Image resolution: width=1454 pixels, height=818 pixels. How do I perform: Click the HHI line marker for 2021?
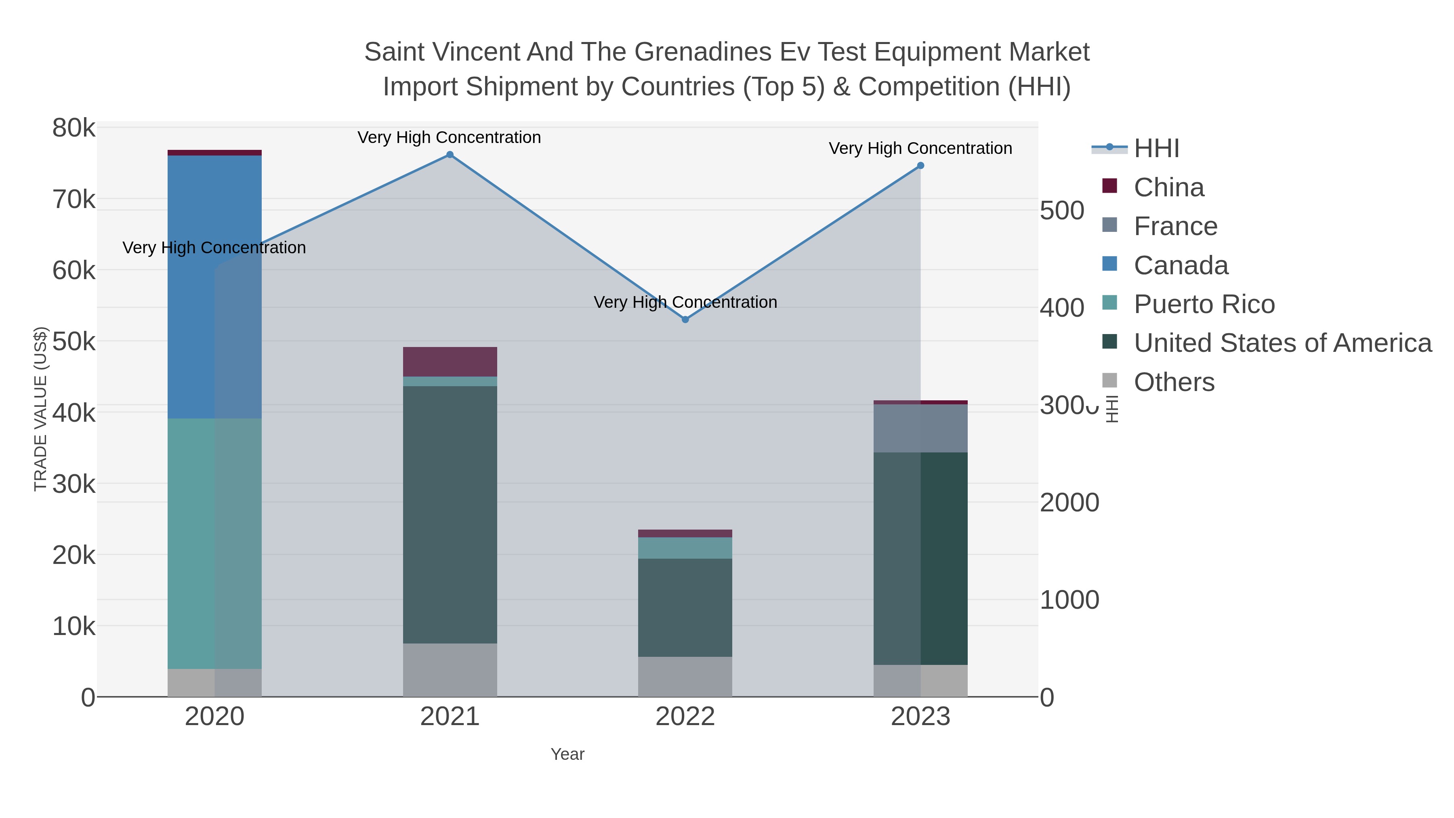tap(450, 155)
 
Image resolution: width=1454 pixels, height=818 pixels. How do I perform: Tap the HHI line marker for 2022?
tap(685, 320)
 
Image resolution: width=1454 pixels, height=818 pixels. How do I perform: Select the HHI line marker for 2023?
tap(920, 165)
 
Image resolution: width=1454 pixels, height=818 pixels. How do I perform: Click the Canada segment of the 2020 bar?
tap(214, 286)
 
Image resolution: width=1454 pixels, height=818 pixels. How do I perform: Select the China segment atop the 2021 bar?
tap(450, 361)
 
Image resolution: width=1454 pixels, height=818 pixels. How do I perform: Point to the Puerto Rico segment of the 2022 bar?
tap(685, 548)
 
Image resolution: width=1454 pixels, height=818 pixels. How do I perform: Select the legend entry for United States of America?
tap(1282, 343)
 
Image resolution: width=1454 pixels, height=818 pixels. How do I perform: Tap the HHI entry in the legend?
tap(1156, 149)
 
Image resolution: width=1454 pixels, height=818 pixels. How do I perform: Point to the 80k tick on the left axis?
tap(74, 128)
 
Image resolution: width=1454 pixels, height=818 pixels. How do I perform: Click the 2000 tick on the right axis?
tap(1069, 503)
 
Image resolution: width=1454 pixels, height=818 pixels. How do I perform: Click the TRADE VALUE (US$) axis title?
tap(41, 409)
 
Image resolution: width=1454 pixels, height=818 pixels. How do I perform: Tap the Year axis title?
tap(567, 754)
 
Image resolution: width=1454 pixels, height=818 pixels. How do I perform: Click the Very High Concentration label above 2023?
tap(920, 149)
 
